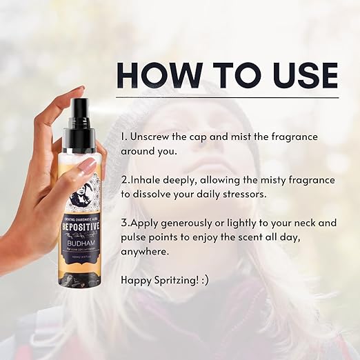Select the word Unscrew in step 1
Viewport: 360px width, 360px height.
153,137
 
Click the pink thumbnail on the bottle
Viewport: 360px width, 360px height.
88,166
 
